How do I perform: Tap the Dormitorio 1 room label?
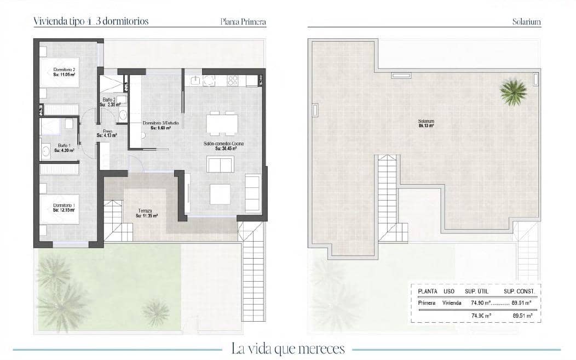click(x=64, y=207)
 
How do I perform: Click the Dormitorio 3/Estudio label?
click(x=160, y=125)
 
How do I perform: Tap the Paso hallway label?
click(x=107, y=133)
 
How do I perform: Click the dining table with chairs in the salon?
click(x=222, y=124)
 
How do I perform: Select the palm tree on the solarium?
click(x=514, y=92)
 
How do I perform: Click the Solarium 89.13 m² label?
click(x=426, y=123)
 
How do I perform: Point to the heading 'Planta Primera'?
click(x=243, y=22)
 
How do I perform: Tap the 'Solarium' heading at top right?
click(x=526, y=22)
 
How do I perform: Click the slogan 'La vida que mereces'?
click(x=287, y=348)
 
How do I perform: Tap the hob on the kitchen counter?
click(x=232, y=81)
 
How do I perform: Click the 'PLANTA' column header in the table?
click(x=427, y=292)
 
